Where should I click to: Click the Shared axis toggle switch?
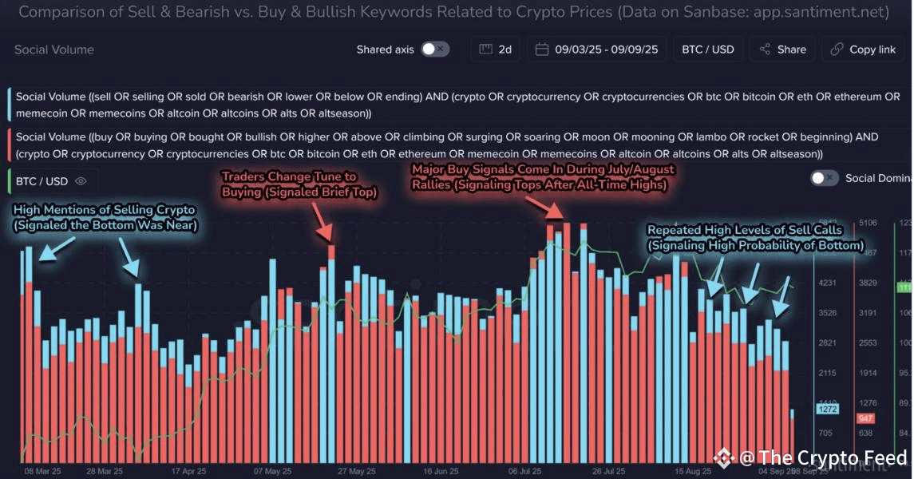pyautogui.click(x=435, y=49)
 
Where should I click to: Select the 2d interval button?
pyautogui.click(x=496, y=49)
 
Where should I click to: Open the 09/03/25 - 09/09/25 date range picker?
pyautogui.click(x=597, y=49)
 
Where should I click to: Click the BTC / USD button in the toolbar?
pyautogui.click(x=707, y=49)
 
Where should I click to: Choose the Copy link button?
pyautogui.click(x=863, y=49)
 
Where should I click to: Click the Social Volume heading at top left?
pyautogui.click(x=53, y=49)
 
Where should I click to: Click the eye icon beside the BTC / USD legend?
pyautogui.click(x=81, y=181)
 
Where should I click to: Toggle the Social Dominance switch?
pyautogui.click(x=825, y=178)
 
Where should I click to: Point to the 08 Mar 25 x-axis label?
pyautogui.click(x=42, y=472)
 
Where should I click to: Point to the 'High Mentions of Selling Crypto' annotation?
pyautogui.click(x=105, y=217)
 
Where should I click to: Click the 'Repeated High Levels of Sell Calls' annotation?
pyautogui.click(x=754, y=238)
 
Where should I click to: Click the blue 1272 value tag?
pyautogui.click(x=826, y=410)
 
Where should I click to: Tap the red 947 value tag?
pyautogui.click(x=865, y=418)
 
